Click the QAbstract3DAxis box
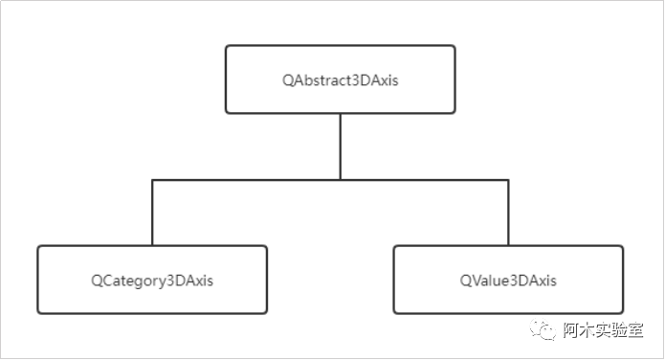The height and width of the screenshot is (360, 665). [x=340, y=79]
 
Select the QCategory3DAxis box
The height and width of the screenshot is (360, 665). [x=152, y=280]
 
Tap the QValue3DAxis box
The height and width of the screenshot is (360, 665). [x=508, y=280]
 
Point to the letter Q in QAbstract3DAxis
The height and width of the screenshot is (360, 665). [x=288, y=79]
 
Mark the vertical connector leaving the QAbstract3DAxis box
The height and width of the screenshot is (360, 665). [x=340, y=146]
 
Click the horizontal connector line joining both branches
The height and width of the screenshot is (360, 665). [x=249, y=179]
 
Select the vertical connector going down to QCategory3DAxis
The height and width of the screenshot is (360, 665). [x=152, y=212]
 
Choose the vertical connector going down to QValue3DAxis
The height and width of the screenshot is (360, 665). [x=508, y=212]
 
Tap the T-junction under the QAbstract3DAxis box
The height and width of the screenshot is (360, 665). [x=340, y=179]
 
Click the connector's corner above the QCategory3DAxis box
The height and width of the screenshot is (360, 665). [x=152, y=179]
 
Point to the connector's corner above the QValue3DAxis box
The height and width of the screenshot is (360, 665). [x=508, y=179]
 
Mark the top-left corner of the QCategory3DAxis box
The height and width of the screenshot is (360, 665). [x=39, y=247]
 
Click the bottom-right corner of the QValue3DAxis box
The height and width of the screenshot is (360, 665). [x=622, y=312]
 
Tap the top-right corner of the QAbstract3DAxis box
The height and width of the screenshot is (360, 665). [x=454, y=46]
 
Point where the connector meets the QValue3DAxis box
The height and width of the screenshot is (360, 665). [x=508, y=245]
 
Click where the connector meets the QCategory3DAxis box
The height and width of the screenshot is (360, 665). [x=152, y=245]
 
